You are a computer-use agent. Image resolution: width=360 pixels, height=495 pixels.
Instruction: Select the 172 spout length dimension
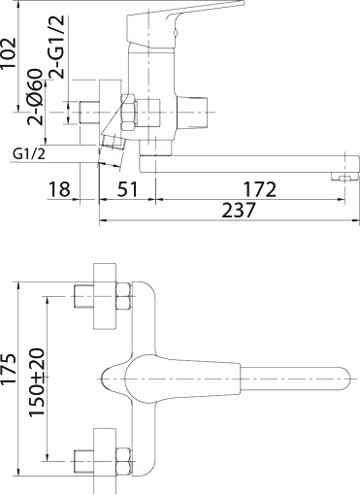click(x=258, y=189)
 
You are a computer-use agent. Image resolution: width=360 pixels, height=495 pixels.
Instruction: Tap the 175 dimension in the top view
click(x=11, y=370)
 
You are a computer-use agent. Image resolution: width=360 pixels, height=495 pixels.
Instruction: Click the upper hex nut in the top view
click(x=124, y=296)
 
